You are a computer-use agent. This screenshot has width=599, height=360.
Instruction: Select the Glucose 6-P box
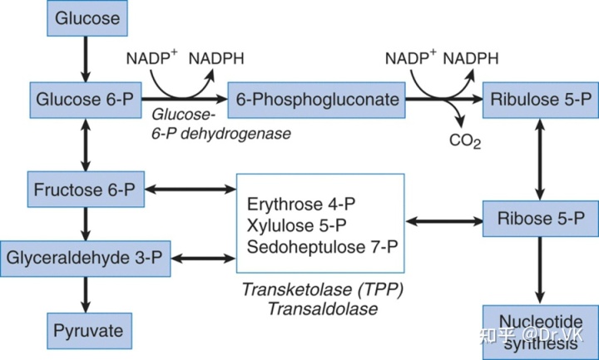pos(83,100)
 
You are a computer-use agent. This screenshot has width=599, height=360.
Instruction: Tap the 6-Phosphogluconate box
pos(316,100)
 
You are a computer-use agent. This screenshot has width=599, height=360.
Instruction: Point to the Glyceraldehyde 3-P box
pos(84,259)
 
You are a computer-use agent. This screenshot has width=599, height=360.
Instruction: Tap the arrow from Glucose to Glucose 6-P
pos(87,58)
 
